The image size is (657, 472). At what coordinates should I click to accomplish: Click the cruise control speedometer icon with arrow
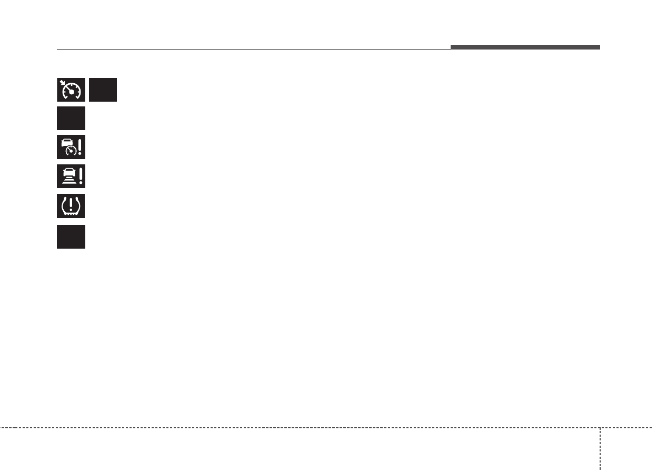click(71, 90)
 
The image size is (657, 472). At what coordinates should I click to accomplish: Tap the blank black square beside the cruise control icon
click(103, 90)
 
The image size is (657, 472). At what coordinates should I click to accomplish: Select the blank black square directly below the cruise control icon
click(71, 118)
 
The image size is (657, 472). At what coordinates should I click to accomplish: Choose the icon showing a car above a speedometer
click(71, 147)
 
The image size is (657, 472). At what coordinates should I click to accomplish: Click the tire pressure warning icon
click(71, 206)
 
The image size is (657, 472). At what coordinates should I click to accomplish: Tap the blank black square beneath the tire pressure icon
click(71, 237)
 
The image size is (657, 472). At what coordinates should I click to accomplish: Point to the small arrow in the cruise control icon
click(63, 83)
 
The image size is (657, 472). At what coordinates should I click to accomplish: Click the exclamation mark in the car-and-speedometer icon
click(80, 147)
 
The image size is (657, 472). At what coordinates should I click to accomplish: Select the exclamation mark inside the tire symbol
click(71, 205)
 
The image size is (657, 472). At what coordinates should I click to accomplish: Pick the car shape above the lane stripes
click(69, 172)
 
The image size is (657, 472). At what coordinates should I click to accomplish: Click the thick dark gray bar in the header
click(525, 47)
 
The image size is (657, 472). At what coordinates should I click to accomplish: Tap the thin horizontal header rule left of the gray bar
click(253, 50)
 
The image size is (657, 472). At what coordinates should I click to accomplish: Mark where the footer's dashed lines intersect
click(600, 427)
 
